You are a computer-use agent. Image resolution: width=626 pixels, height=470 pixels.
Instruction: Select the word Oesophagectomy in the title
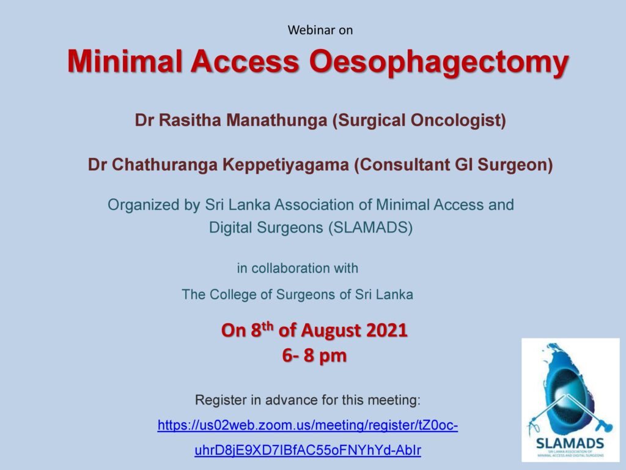pos(439,62)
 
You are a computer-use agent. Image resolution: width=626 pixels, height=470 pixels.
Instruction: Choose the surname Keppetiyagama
pos(285,165)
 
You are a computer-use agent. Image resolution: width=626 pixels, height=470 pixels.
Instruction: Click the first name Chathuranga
pos(164,165)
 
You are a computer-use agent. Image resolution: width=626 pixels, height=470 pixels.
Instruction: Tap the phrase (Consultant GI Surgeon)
pos(454,165)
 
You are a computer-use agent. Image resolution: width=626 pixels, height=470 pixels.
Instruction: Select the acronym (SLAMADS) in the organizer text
pos(370,228)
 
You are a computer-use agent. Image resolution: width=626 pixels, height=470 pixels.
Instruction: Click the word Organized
pos(143,205)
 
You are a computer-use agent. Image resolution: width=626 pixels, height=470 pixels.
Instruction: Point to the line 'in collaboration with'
pos(298,268)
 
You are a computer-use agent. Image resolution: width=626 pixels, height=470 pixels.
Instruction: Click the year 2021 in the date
pos(386,330)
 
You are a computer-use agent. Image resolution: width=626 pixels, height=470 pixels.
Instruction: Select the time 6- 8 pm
pos(314,356)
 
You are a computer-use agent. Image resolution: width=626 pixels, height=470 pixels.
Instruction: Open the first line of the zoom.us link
pos(307,425)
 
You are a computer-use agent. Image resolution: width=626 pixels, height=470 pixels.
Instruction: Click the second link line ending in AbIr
pos(307,450)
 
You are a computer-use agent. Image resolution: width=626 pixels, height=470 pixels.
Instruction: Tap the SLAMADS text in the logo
pos(570,443)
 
